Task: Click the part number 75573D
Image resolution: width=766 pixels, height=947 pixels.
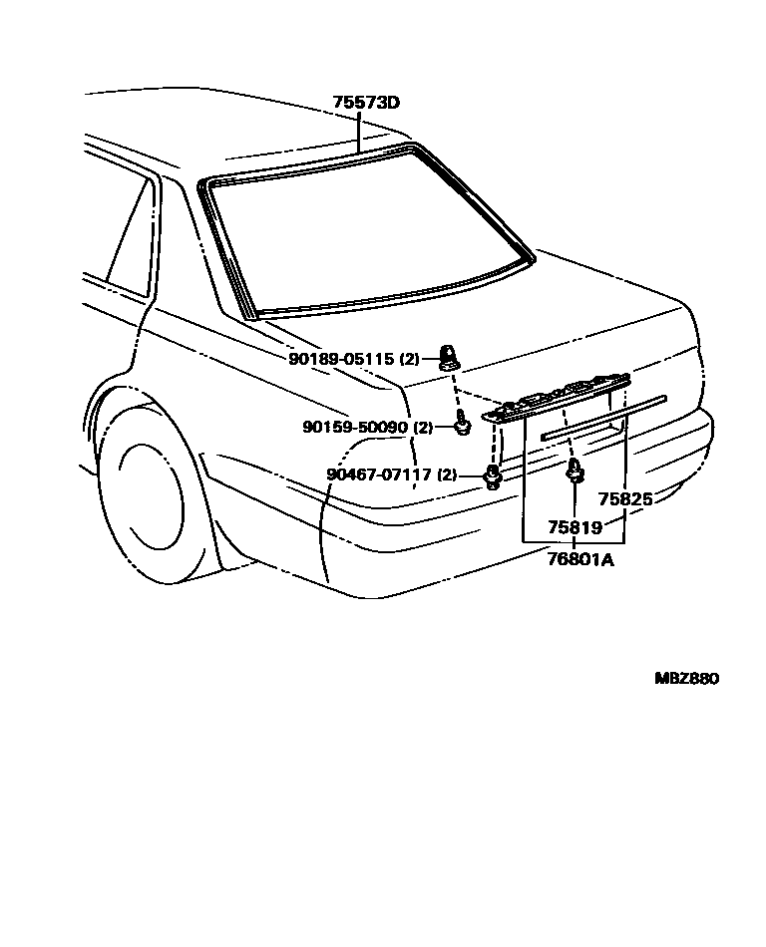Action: coord(365,104)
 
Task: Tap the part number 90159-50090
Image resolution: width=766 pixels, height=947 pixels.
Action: coord(356,427)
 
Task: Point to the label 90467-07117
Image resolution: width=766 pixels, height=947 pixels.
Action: coord(380,474)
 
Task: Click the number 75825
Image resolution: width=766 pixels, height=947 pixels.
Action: coord(624,499)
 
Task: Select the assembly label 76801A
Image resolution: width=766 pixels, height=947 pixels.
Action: coord(579,560)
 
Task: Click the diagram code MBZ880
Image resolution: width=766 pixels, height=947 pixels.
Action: coord(686,679)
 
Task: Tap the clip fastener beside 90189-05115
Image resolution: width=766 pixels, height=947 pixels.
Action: coord(449,356)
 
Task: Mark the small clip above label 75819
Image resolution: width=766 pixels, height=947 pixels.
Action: coord(574,472)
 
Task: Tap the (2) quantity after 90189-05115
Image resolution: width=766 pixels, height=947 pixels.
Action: coord(409,358)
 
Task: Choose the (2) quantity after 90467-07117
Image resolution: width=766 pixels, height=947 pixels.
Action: coord(446,474)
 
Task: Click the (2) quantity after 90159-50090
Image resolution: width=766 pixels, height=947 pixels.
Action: coord(423,427)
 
